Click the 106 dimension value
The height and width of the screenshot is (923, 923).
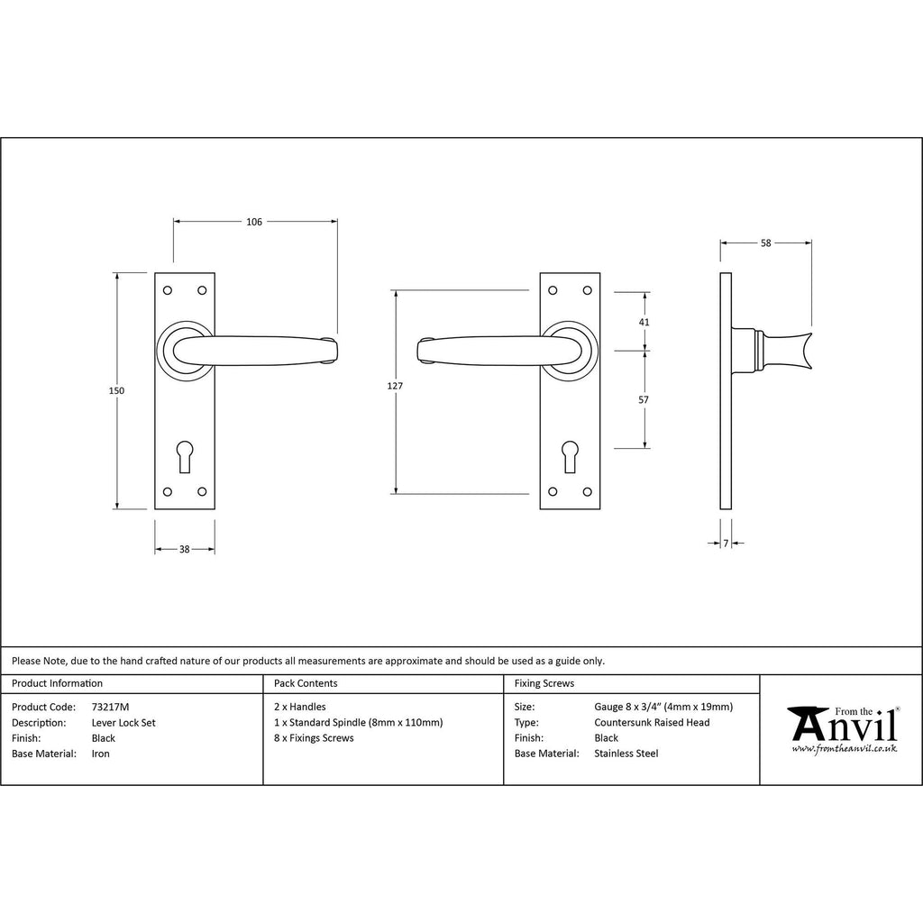click(253, 222)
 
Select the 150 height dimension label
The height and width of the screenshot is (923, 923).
click(116, 390)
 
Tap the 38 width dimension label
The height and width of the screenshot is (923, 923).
click(184, 549)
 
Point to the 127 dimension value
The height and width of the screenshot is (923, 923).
click(395, 386)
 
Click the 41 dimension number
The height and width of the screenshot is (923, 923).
click(644, 322)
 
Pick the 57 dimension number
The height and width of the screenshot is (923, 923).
click(644, 399)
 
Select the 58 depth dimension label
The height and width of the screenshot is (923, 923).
click(766, 242)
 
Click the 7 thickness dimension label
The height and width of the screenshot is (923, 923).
click(726, 543)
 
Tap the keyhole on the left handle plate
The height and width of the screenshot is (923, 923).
click(184, 456)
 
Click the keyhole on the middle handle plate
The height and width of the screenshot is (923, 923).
click(570, 456)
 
